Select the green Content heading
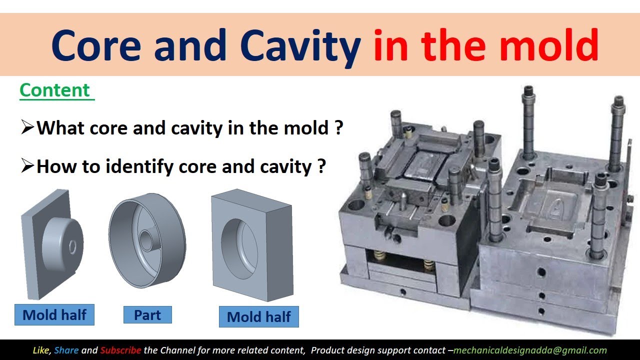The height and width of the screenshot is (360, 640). (x=55, y=90)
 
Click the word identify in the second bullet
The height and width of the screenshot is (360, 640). (x=140, y=166)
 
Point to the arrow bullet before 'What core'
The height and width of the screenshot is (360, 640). (x=27, y=128)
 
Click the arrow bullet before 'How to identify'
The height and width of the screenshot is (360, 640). (x=27, y=166)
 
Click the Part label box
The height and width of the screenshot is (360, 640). (x=147, y=315)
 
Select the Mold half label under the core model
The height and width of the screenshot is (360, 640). (x=54, y=315)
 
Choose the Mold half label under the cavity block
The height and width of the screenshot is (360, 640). (x=258, y=317)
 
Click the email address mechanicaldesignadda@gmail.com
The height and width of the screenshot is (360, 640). (x=529, y=350)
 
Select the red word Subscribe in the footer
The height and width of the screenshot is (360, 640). (x=120, y=350)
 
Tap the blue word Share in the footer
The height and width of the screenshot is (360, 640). (x=66, y=350)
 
